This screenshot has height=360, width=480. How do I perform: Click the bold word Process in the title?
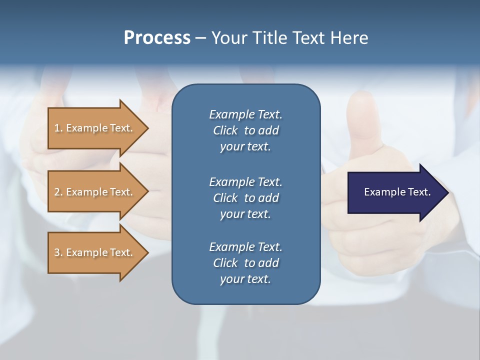pos(157,38)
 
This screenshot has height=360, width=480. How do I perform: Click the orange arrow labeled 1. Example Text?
pos(94,128)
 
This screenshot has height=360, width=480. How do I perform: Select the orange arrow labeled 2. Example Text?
pos(94,192)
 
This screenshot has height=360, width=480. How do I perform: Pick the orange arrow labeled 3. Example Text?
pos(94,252)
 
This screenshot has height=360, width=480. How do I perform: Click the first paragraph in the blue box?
pos(245,130)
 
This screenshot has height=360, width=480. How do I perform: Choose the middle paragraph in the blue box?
pos(245,197)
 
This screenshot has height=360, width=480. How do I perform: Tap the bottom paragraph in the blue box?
pos(245,263)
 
